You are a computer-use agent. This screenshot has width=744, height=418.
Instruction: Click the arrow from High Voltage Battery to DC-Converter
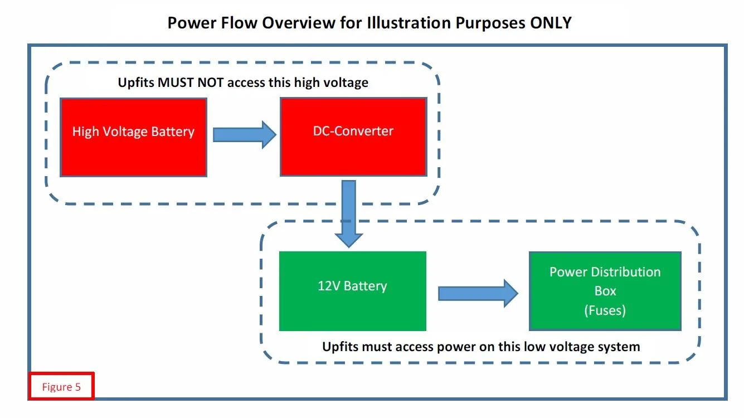click(244, 134)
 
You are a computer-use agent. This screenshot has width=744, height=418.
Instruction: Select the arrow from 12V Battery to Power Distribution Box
click(478, 293)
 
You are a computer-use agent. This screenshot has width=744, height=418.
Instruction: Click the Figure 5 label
click(61, 387)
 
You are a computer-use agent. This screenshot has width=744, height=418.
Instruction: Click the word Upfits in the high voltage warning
click(137, 82)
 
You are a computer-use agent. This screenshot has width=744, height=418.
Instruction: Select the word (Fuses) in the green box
click(605, 310)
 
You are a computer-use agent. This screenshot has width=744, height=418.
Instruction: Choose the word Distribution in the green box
click(625, 272)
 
